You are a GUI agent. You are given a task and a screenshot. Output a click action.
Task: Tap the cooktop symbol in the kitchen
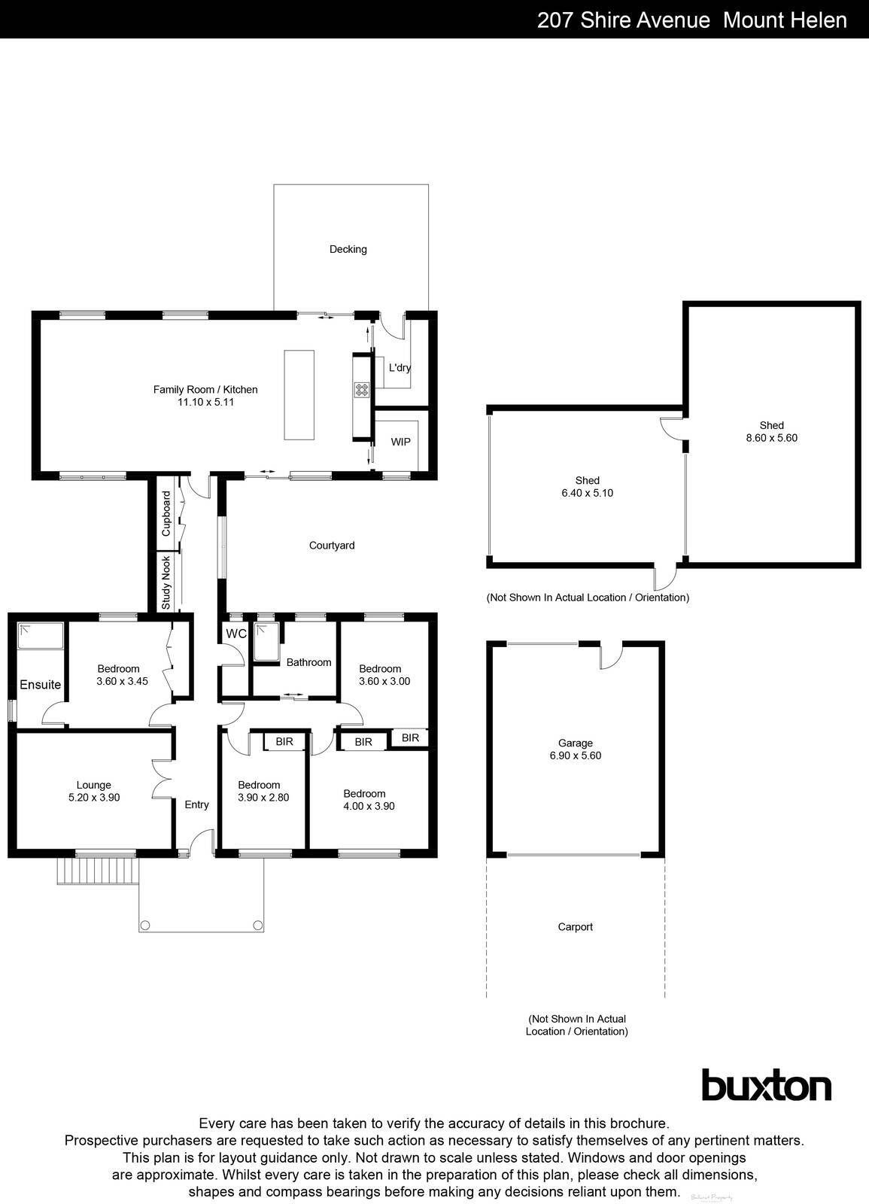coord(362,389)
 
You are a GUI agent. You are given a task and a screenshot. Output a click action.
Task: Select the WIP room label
coord(400,442)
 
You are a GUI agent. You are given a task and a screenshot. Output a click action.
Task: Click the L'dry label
coord(400,368)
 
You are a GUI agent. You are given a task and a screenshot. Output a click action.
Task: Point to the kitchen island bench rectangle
coord(297,394)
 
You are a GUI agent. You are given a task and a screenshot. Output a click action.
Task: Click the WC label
coord(236,634)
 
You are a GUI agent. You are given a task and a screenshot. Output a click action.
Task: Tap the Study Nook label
coord(166,582)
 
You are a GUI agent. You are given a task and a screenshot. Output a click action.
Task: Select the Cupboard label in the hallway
coord(166,514)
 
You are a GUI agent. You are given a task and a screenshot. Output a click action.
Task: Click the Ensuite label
coord(40,685)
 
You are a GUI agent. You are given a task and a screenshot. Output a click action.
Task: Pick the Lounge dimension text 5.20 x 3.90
coord(94,798)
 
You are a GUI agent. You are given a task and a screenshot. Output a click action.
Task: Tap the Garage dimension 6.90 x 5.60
coord(575,756)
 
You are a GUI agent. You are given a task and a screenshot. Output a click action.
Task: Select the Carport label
coord(575,927)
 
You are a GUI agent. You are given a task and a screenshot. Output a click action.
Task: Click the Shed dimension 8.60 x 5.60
coord(771,437)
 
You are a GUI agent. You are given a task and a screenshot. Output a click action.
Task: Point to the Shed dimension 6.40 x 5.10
coord(587,493)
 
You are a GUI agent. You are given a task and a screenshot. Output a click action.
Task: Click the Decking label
coord(348,249)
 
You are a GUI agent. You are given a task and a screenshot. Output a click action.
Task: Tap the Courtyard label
coord(332,546)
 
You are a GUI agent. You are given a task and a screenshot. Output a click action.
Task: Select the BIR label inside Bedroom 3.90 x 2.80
coord(284,742)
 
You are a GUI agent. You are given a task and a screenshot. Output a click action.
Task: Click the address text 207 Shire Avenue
coord(623,20)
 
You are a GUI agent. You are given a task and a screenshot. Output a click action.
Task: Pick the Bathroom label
coord(308,662)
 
